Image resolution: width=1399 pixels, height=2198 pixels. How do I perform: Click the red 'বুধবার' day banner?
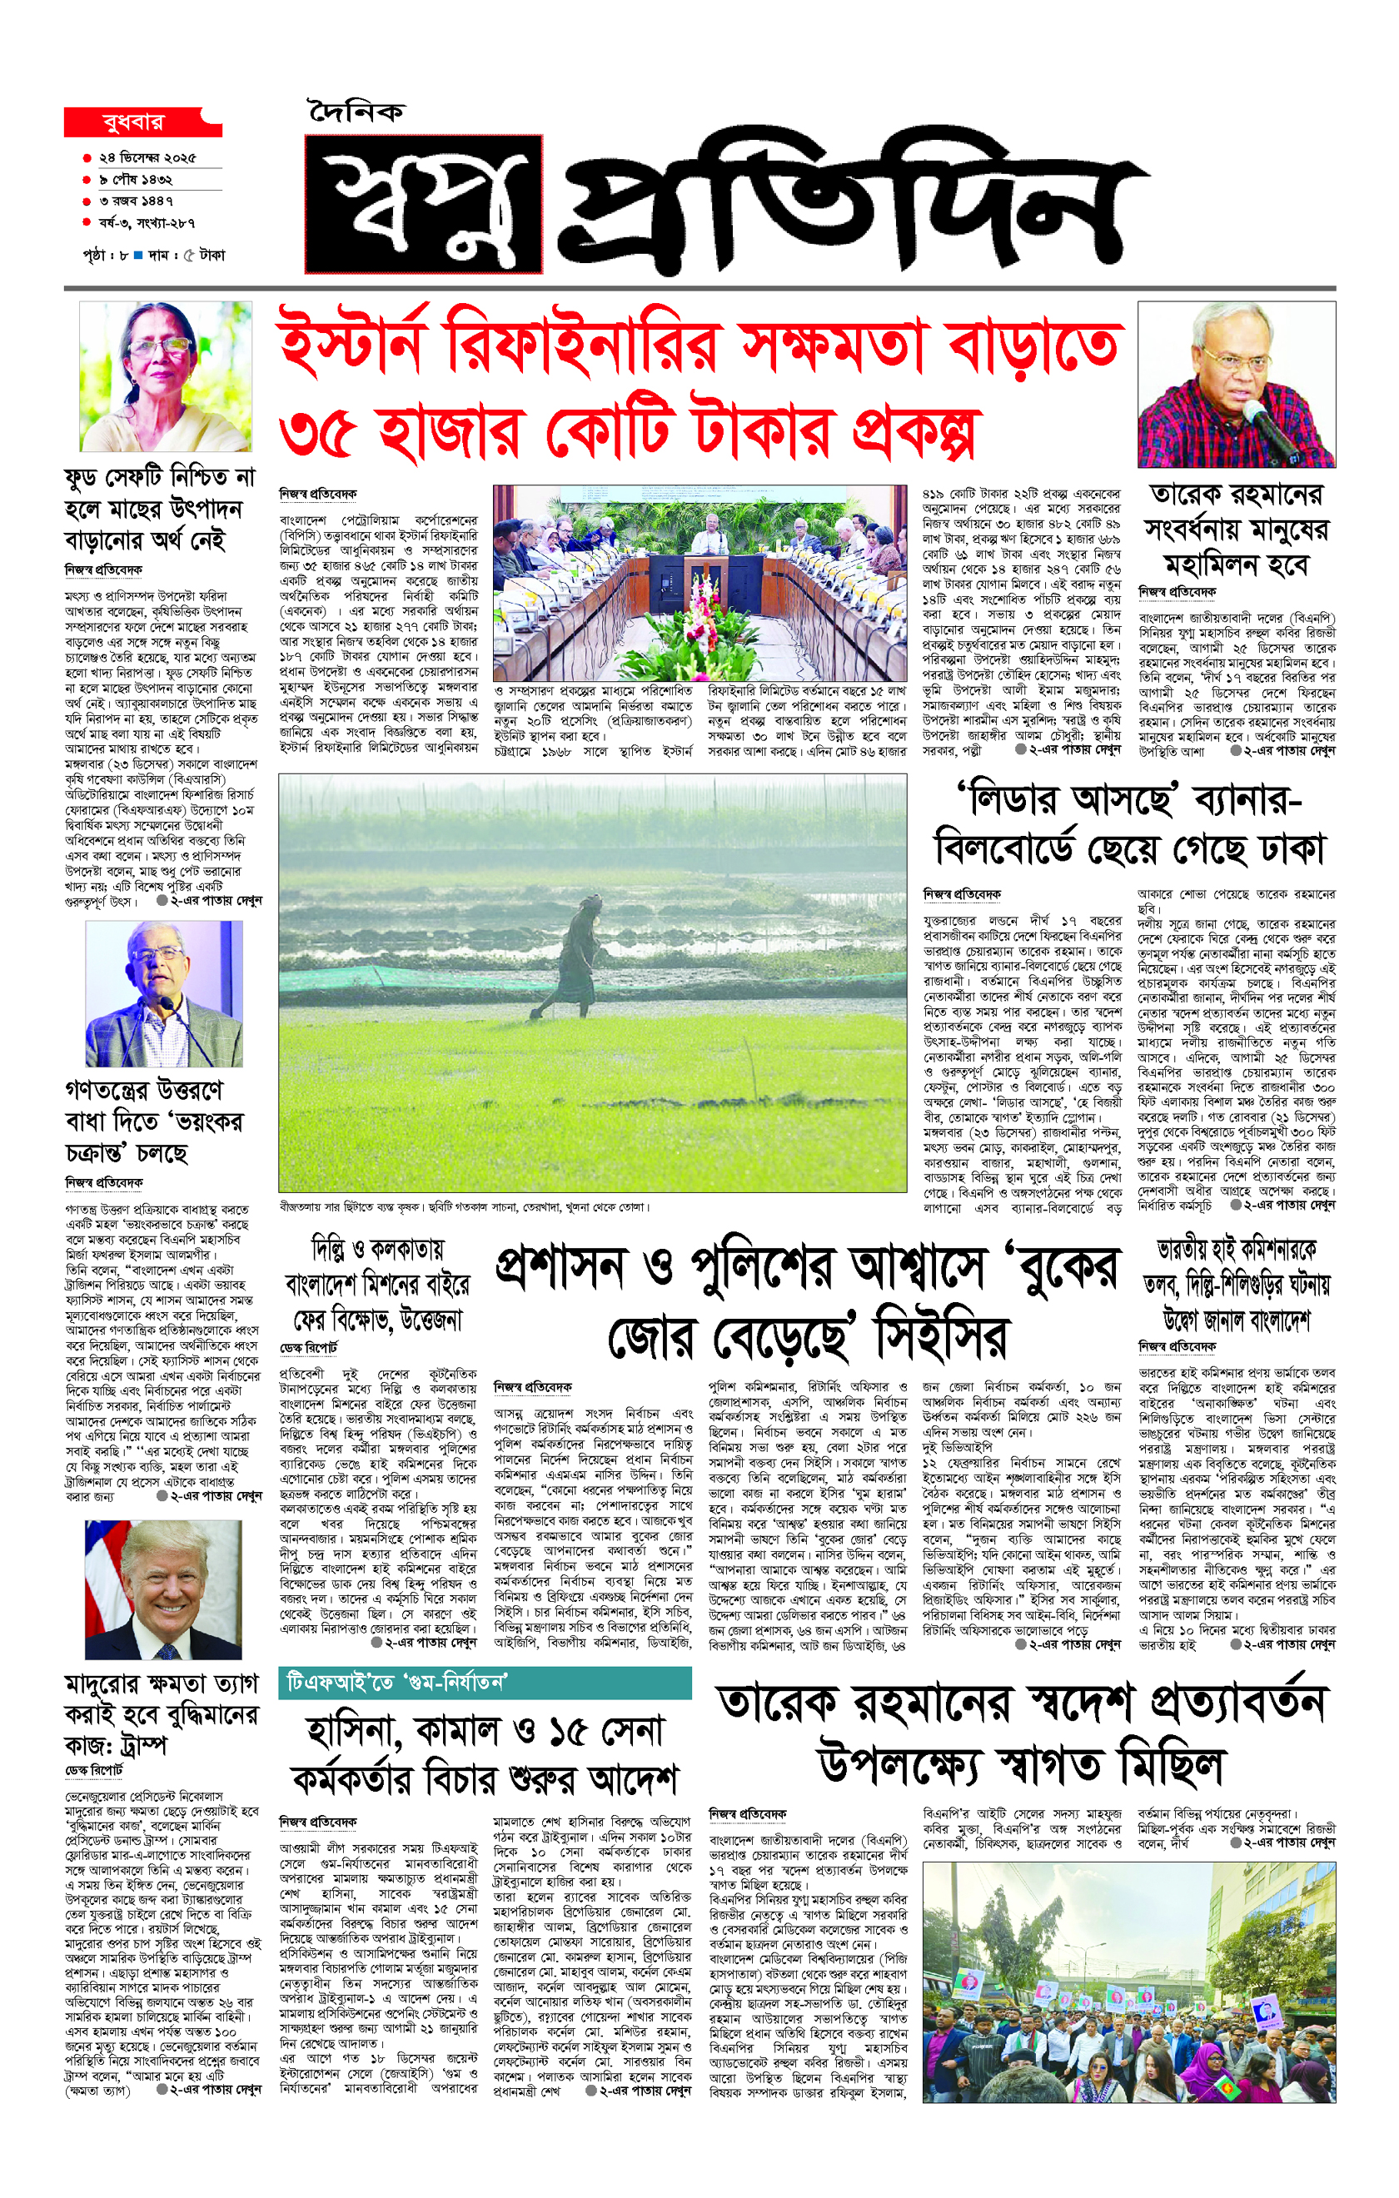coord(137,122)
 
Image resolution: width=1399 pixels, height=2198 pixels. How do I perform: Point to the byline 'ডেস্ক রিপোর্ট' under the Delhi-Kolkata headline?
coord(309,1348)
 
